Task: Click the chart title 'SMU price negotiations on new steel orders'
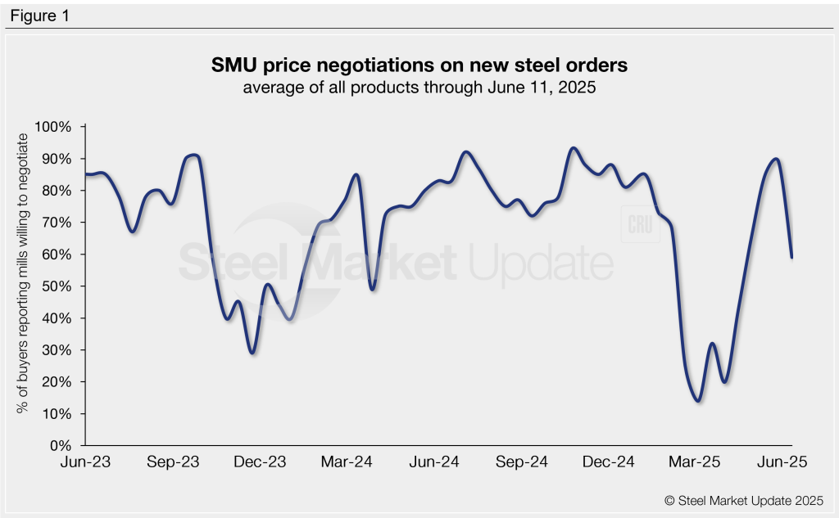[x=419, y=65]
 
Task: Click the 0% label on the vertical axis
[x=62, y=446]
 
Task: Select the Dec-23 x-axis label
[x=261, y=462]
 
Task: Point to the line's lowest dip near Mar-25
[x=698, y=401]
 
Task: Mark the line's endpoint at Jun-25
[x=791, y=258]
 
